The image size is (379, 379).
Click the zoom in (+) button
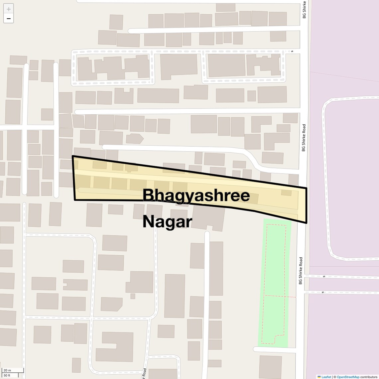coord(9,9)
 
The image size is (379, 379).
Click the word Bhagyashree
coord(196,195)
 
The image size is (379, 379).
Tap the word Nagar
coord(167,222)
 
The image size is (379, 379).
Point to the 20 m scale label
coord(7,370)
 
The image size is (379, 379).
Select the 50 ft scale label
coord(7,376)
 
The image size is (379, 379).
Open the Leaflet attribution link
coord(326,377)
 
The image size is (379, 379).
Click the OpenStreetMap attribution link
coord(348,377)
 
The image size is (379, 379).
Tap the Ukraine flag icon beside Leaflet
coord(319,377)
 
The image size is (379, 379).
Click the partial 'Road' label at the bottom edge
coord(145,374)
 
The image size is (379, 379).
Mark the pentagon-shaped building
coord(135,138)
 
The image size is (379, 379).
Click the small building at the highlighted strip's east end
coord(286,192)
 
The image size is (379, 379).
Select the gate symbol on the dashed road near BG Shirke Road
coord(292,52)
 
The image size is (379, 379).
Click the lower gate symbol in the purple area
coord(322,293)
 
